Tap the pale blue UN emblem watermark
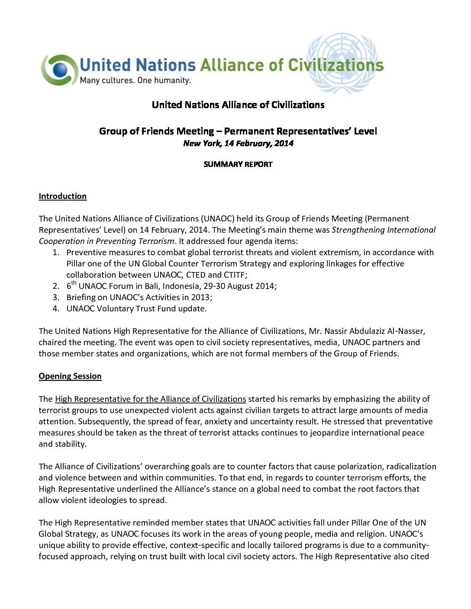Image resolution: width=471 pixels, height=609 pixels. pos(342,63)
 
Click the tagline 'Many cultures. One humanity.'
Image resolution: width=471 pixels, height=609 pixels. pos(135,80)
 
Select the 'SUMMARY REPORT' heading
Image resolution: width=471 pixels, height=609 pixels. pos(238,164)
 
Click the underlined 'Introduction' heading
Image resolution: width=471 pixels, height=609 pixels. pos(63,196)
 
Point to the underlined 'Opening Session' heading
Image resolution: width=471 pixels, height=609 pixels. pos(70,376)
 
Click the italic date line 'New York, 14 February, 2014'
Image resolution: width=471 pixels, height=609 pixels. pos(238,144)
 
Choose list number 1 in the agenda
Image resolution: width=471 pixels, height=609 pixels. pos(56,253)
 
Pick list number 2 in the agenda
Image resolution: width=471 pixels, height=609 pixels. pos(56,286)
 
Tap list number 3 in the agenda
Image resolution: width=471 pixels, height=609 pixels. pos(56,298)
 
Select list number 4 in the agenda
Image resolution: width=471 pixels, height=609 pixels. pos(56,309)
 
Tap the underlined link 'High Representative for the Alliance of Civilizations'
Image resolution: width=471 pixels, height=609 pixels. pos(150,399)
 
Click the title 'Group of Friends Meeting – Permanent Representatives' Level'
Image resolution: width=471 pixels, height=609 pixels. pos(238,131)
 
